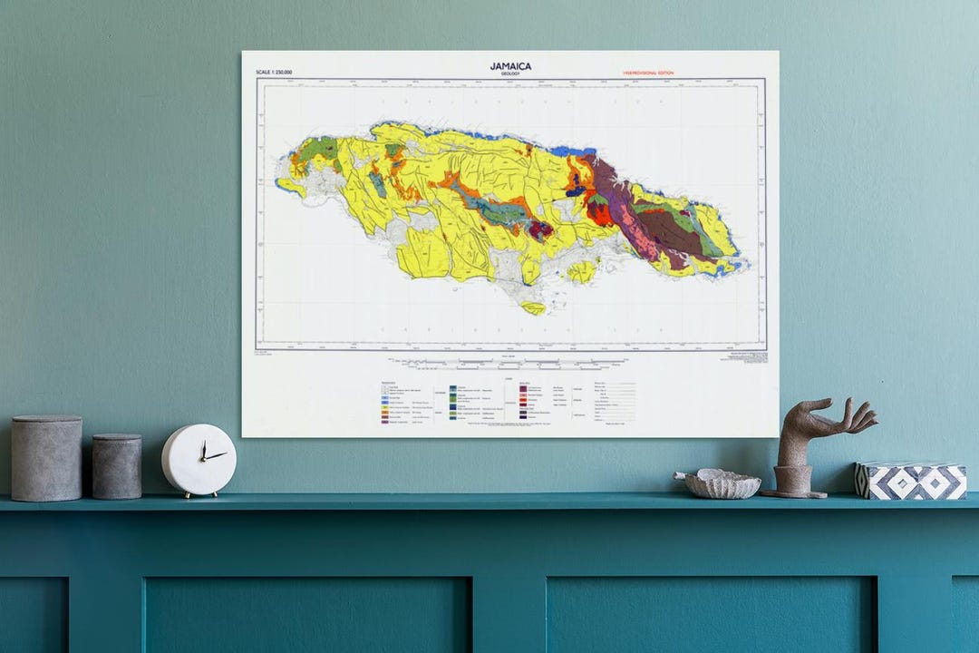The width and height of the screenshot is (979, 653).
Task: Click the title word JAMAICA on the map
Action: tap(510, 65)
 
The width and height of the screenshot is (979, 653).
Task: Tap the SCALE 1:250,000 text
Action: tap(274, 72)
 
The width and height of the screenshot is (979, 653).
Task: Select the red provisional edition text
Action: tap(647, 73)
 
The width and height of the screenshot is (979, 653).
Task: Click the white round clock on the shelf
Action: tap(199, 460)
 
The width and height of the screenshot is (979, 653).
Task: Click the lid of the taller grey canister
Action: tap(46, 421)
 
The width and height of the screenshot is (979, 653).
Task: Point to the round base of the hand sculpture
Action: tap(794, 482)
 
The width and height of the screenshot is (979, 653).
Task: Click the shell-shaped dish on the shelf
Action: tap(722, 483)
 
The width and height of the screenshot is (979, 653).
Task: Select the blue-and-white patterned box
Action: tap(910, 480)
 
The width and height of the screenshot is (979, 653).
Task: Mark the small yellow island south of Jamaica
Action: tap(534, 307)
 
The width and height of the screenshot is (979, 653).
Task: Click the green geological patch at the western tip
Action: tap(318, 149)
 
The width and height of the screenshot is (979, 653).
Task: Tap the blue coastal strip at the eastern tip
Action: tap(730, 267)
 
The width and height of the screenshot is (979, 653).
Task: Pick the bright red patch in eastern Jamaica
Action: tap(599, 214)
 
